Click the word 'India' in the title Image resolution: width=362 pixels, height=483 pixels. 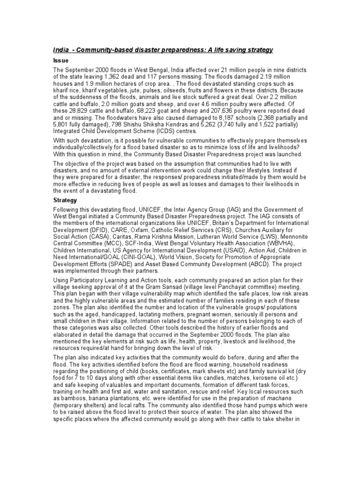60,50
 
